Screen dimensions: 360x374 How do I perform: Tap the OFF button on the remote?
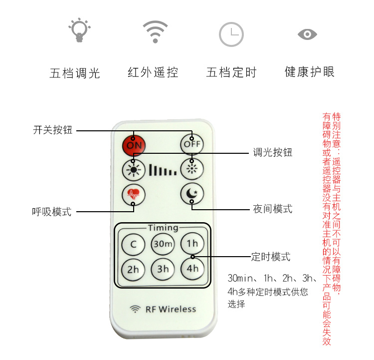pyautogui.click(x=192, y=144)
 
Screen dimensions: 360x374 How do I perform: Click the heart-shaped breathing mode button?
pyautogui.click(x=134, y=194)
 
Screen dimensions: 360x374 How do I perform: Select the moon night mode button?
pyautogui.click(x=192, y=194)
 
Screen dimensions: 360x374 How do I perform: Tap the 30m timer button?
pyautogui.click(x=163, y=244)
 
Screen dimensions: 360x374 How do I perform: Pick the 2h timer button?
pyautogui.click(x=133, y=269)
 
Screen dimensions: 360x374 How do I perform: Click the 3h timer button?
pyautogui.click(x=163, y=269)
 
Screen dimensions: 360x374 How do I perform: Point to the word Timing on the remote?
pyautogui.click(x=163, y=228)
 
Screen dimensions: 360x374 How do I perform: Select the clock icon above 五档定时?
pyautogui.click(x=231, y=34)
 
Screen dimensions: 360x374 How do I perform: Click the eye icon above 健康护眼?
pyautogui.click(x=307, y=34)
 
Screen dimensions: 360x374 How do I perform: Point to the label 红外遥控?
pyautogui.click(x=153, y=73)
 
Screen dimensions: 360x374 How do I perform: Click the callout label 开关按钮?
pyautogui.click(x=53, y=130)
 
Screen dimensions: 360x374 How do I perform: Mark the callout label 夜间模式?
pyautogui.click(x=272, y=209)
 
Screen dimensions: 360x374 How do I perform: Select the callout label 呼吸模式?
pyautogui.click(x=52, y=212)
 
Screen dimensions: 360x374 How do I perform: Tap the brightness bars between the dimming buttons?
pyautogui.click(x=163, y=170)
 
